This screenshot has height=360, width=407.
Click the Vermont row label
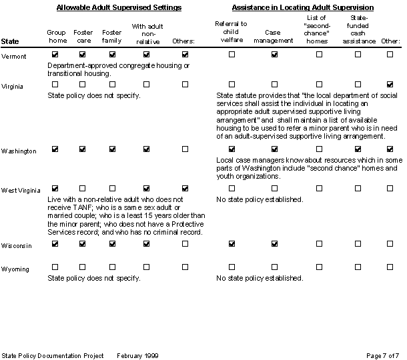pyautogui.click(x=14, y=57)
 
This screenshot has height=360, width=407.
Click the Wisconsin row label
pyautogui.click(x=17, y=246)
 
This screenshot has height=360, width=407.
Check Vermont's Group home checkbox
pyautogui.click(x=55, y=54)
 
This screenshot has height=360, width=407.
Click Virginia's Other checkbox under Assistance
pyautogui.click(x=390, y=85)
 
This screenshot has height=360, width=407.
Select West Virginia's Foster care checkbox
pyautogui.click(x=83, y=189)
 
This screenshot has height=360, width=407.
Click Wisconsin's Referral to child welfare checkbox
pyautogui.click(x=232, y=244)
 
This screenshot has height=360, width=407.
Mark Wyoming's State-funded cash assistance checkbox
pyautogui.click(x=358, y=267)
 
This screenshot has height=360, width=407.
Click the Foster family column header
pyautogui.click(x=111, y=36)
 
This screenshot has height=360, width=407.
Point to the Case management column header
pyautogui.click(x=274, y=36)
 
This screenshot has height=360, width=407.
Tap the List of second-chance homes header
pyautogui.click(x=318, y=28)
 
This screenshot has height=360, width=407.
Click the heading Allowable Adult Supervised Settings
pyautogui.click(x=119, y=7)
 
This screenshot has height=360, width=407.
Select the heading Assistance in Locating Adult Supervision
pyautogui.click(x=302, y=7)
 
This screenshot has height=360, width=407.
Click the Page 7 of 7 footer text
pyautogui.click(x=383, y=355)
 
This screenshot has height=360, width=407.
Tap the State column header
pyautogui.click(x=10, y=41)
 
